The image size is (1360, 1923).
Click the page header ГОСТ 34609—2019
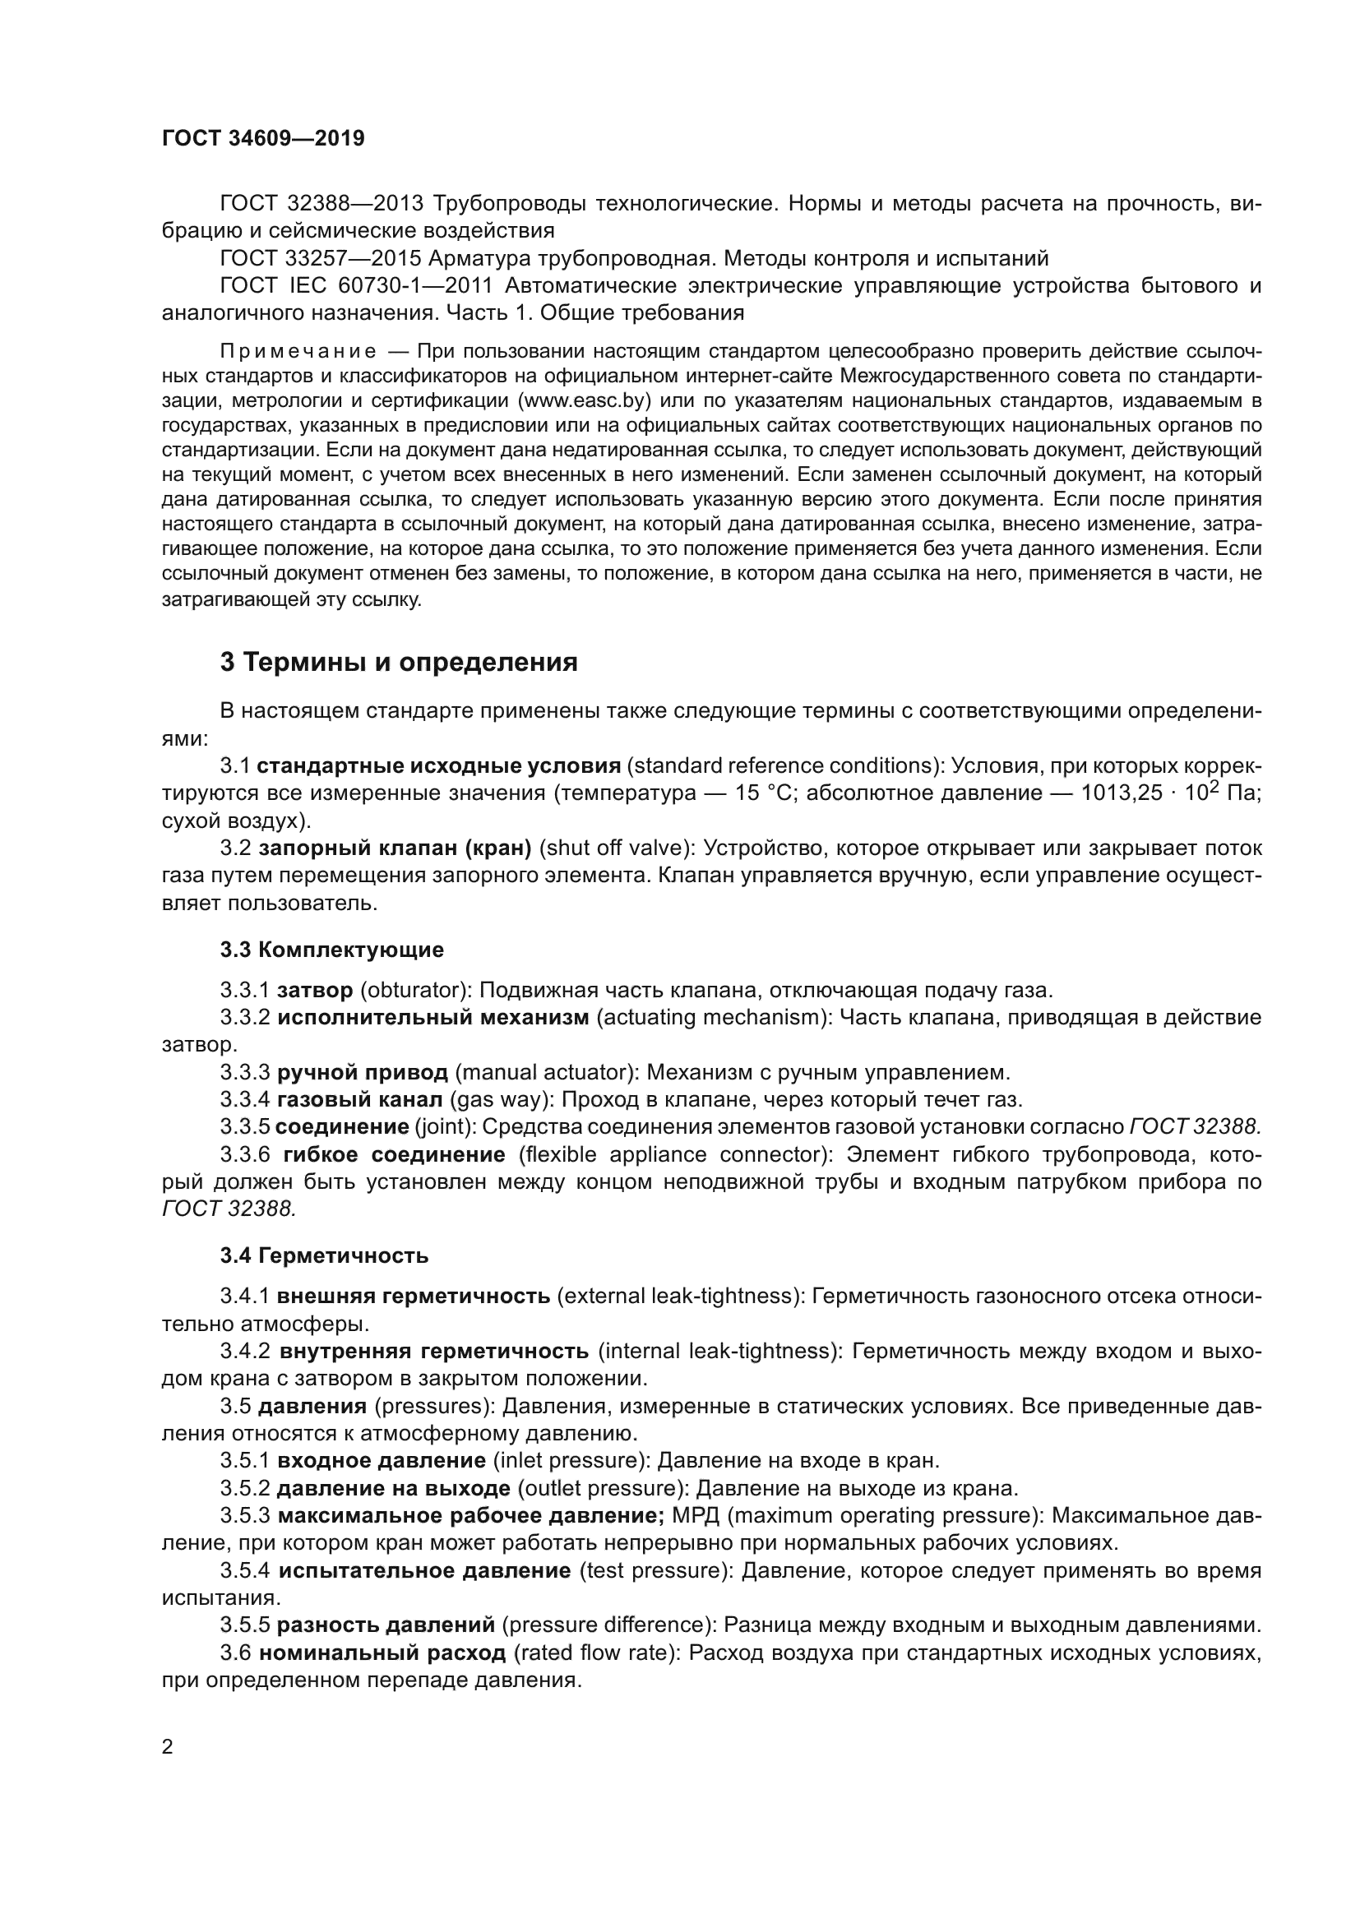[263, 138]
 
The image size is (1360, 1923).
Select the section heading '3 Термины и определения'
[399, 662]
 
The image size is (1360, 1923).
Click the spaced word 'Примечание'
[298, 350]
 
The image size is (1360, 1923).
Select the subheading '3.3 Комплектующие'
[331, 949]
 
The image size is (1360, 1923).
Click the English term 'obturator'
[413, 990]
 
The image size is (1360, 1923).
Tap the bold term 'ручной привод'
[362, 1072]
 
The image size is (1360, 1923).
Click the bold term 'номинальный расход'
[382, 1653]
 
